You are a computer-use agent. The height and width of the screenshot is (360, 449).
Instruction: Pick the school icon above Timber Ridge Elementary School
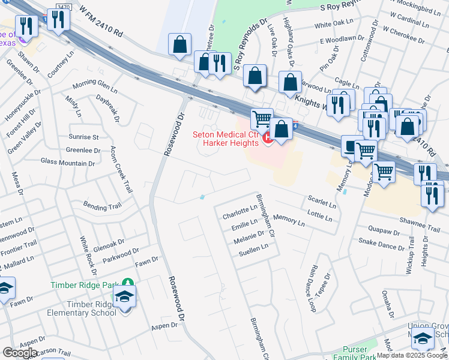(125, 297)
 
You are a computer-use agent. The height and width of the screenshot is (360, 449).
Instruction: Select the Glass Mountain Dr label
(68, 162)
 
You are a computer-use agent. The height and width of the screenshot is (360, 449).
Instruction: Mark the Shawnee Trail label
(423, 228)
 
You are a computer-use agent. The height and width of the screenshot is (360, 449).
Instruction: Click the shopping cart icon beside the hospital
(261, 119)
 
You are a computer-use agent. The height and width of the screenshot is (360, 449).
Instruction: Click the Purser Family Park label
(359, 353)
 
